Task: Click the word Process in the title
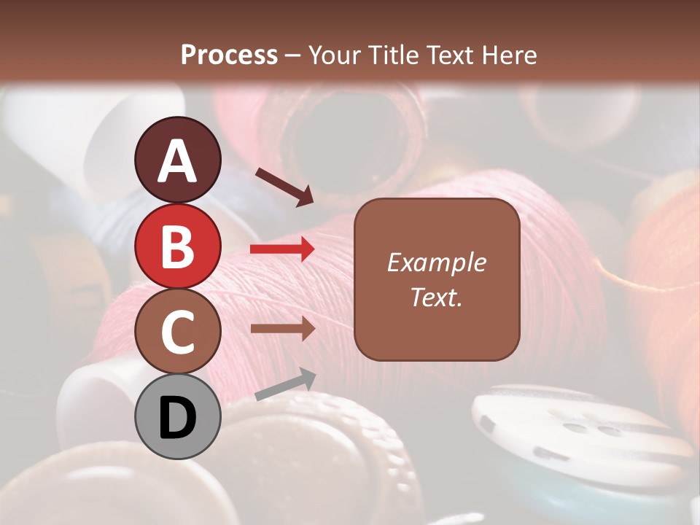click(229, 55)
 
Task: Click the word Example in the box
click(436, 262)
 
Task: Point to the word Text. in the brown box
click(436, 297)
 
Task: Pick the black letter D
click(178, 419)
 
